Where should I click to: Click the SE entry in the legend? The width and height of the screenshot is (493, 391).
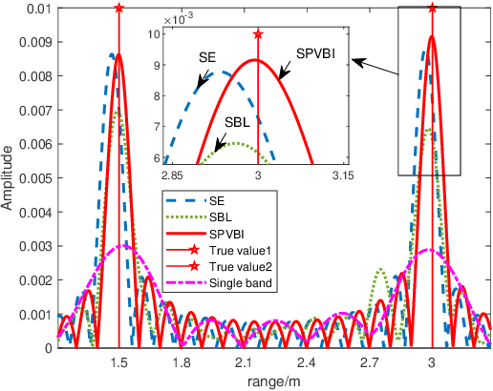coord(216,201)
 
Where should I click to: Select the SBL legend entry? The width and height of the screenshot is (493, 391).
coord(219,217)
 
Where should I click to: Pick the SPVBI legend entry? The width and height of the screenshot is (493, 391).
coord(225,234)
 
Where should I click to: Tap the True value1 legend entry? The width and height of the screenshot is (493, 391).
coord(237,250)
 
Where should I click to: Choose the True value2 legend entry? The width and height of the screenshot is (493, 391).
coord(237,266)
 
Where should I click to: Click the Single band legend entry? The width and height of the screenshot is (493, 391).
coord(238,282)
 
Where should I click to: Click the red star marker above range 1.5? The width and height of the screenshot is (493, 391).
coord(118,8)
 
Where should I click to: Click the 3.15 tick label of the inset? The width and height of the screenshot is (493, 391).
coord(342,175)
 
